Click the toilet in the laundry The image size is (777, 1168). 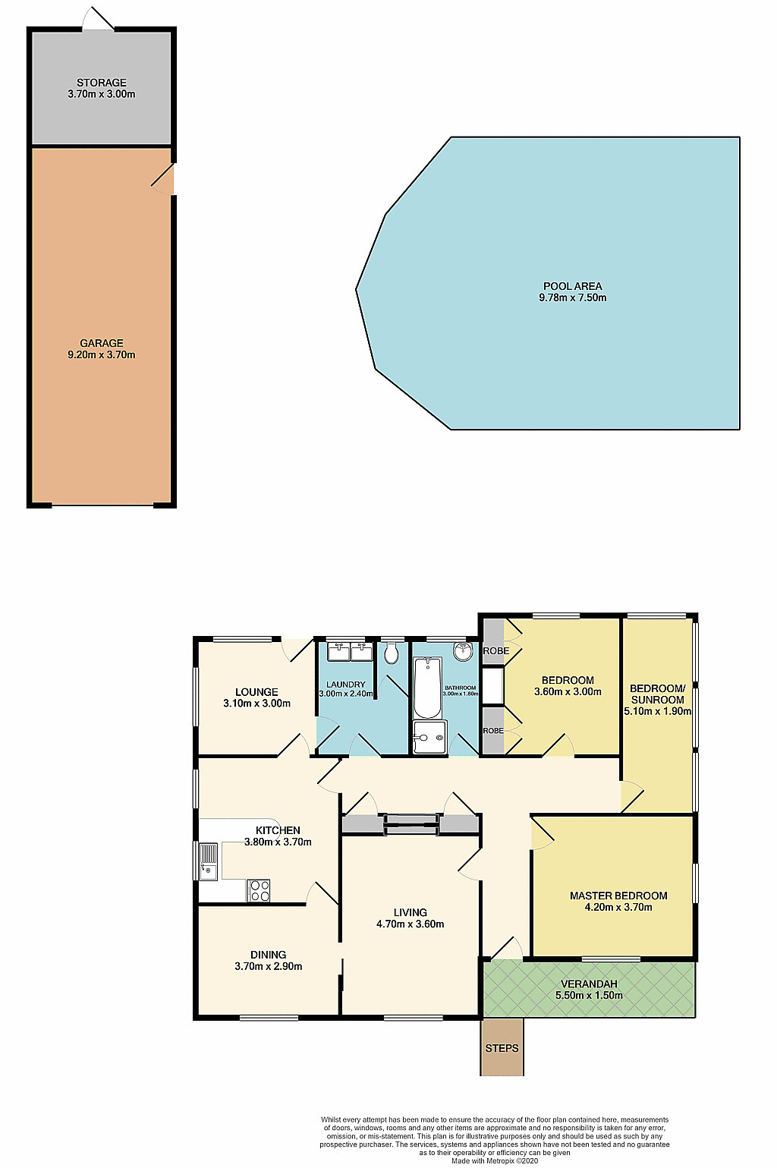click(392, 653)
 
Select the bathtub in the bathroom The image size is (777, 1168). click(427, 688)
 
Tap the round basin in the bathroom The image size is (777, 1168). click(463, 651)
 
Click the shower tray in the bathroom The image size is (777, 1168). click(429, 737)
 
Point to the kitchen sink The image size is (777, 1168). click(208, 861)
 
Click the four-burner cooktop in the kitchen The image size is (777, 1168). click(259, 890)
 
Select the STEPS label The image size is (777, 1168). click(502, 1048)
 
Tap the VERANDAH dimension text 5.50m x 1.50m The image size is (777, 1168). click(589, 995)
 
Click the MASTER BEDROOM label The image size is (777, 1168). click(618, 896)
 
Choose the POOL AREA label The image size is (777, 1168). click(572, 286)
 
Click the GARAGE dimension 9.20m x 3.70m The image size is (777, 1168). click(102, 354)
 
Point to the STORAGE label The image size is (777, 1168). click(102, 83)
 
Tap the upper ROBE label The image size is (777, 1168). click(495, 651)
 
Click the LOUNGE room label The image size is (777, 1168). click(256, 692)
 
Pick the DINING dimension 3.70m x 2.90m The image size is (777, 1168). click(269, 966)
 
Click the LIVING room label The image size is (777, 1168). click(410, 912)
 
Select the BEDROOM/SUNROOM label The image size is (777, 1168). click(657, 694)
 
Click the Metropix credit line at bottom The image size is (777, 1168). click(494, 1160)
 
